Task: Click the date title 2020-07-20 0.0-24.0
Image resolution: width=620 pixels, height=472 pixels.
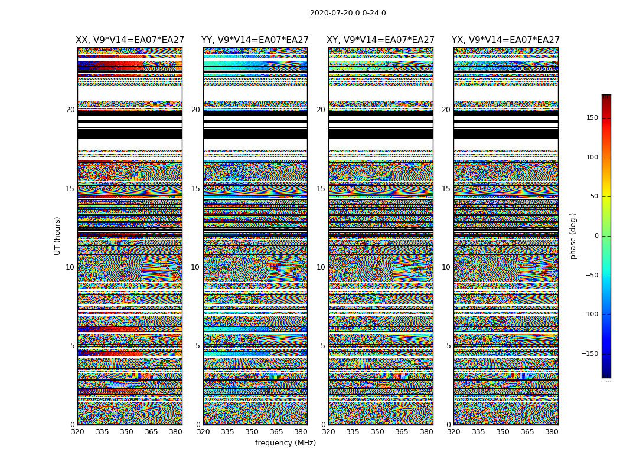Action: click(348, 13)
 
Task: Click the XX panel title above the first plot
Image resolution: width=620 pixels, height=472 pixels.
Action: click(130, 40)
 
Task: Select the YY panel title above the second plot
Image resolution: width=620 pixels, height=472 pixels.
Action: click(255, 40)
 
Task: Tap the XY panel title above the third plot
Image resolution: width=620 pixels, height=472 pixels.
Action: click(381, 40)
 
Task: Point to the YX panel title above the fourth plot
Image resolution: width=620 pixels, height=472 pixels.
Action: click(505, 40)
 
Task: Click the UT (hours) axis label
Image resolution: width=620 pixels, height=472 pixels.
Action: click(58, 235)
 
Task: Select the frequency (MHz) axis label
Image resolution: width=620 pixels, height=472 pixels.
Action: click(285, 443)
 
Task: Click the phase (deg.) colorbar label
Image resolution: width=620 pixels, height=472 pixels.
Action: click(573, 236)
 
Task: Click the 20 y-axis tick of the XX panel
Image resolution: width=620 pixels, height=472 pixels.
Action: click(70, 110)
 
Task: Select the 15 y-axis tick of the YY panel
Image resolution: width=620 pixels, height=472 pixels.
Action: click(195, 189)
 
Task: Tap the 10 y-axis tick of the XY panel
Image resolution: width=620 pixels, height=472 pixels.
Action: click(321, 267)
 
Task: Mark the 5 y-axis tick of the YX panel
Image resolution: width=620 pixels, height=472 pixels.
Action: click(448, 346)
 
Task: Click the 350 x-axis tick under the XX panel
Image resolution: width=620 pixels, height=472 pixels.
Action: click(127, 432)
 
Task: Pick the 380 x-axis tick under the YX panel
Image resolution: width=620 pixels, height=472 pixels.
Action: click(552, 432)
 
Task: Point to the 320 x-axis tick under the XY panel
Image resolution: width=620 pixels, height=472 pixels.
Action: click(328, 432)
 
